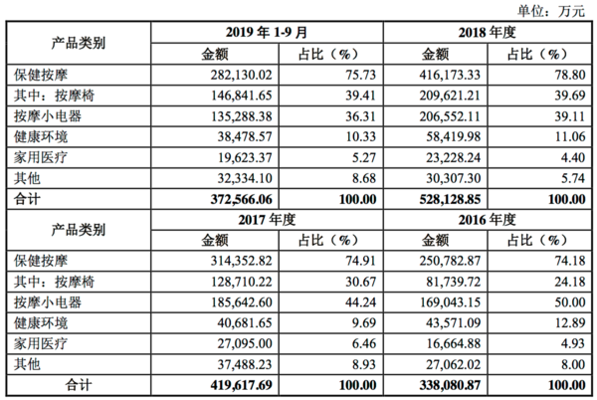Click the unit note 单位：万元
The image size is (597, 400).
tap(550, 11)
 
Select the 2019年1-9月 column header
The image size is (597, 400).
tap(267, 33)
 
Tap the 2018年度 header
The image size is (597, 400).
tap(487, 33)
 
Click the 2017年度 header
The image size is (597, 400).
tap(267, 220)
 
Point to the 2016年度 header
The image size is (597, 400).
tap(487, 220)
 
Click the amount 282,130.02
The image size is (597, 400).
tap(242, 75)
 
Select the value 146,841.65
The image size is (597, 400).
tap(242, 96)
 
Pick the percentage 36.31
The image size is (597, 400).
tap(360, 116)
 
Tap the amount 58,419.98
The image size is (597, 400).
tap(453, 136)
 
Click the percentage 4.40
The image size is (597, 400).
tap(573, 157)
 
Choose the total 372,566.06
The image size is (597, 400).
tap(242, 199)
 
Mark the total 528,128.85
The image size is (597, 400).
tap(450, 199)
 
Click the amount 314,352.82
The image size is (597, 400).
tap(242, 261)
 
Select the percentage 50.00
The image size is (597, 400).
tap(569, 302)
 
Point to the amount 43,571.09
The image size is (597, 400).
tap(453, 322)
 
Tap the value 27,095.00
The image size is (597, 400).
tap(245, 343)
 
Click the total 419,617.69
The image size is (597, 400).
tap(242, 385)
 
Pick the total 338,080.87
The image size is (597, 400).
tap(450, 385)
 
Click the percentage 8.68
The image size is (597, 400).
tap(363, 178)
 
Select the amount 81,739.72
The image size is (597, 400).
tap(453, 282)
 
